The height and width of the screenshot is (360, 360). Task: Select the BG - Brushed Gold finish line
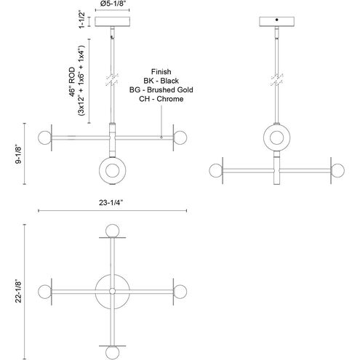point(162,91)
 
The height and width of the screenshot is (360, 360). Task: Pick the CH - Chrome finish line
point(162,99)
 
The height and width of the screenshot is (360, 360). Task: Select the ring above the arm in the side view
point(277,138)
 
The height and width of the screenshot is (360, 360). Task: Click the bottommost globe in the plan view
point(112,351)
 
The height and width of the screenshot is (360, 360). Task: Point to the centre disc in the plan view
point(112,291)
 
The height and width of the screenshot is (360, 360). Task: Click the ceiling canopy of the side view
point(277,22)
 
